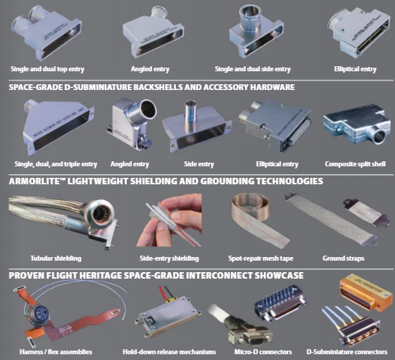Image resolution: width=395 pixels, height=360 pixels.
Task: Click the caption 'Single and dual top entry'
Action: click(48, 69)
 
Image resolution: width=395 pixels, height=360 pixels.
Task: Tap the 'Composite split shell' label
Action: click(355, 164)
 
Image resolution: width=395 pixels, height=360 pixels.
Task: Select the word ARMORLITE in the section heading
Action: click(34, 181)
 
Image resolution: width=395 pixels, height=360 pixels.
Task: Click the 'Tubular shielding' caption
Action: click(56, 258)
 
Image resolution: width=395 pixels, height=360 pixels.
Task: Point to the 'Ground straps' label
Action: click(343, 258)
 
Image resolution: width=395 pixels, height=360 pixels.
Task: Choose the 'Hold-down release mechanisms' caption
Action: click(169, 351)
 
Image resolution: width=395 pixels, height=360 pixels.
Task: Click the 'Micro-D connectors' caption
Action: click(263, 351)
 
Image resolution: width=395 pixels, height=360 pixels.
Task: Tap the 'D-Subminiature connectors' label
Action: click(347, 351)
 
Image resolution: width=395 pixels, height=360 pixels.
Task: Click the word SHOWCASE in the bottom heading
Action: click(279, 276)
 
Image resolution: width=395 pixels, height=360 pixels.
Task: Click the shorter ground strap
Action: click(363, 212)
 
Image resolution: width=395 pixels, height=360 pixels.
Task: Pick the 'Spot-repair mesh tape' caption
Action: click(261, 258)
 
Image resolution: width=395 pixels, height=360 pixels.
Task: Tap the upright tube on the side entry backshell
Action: click(190, 110)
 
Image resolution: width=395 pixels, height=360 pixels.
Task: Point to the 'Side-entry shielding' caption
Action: click(169, 258)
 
